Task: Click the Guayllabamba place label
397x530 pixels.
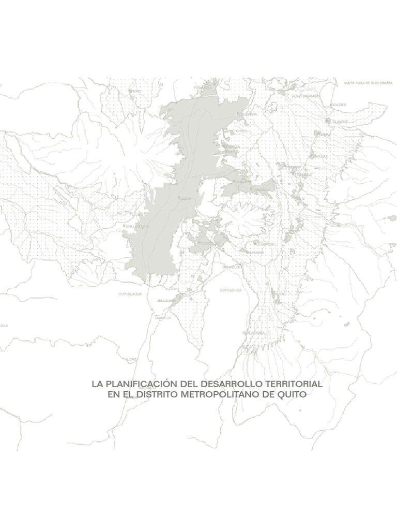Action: point(305,96)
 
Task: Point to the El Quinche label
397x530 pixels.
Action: point(340,122)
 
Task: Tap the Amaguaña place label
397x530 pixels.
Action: point(157,300)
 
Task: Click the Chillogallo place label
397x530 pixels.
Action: point(138,226)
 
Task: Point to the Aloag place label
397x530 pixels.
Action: point(130,358)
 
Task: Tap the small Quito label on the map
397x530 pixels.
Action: point(186,198)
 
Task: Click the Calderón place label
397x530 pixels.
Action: point(247,114)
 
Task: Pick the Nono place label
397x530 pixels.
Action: point(136,91)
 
